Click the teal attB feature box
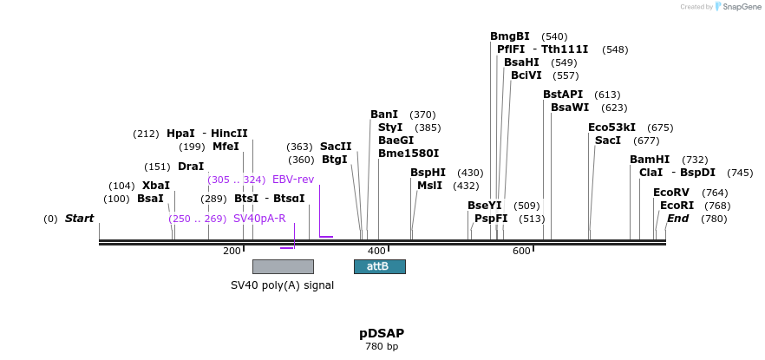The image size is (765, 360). coord(379,266)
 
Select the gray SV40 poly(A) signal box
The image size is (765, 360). coord(283,266)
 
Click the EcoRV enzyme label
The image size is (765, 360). coord(670,193)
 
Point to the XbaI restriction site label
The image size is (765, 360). coord(156,186)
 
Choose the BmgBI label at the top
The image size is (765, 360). coord(509,36)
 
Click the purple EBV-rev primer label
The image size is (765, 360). coord(293,180)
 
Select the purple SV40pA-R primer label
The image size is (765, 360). coord(259,219)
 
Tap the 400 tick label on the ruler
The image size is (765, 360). coord(376,251)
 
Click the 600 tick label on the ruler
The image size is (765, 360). coord(521,251)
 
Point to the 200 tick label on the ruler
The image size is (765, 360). coord(232,251)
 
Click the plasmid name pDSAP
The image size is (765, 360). coord(382,333)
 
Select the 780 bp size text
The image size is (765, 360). coord(382,347)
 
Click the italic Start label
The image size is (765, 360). coord(79,219)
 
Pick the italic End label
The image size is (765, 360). coord(677,219)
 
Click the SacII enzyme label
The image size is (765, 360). coord(336,147)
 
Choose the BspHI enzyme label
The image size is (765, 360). coord(428,173)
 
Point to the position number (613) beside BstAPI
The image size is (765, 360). coord(607,95)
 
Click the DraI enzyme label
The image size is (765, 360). coord(191,167)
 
